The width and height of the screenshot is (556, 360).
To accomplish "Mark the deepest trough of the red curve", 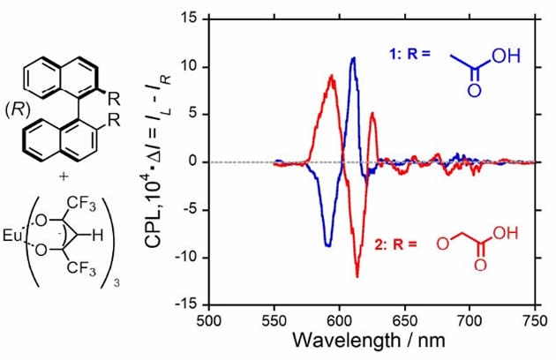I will tap(357, 276).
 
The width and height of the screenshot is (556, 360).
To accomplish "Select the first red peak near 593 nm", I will tap(332, 76).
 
